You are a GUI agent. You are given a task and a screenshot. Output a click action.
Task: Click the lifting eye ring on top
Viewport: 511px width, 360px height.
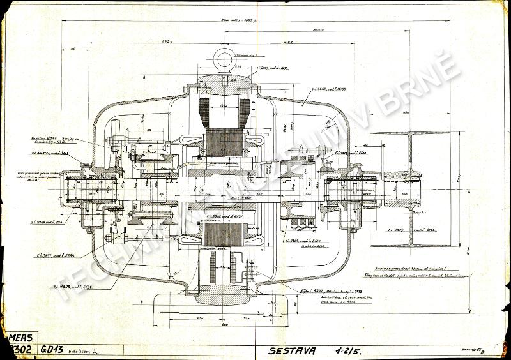(x=224, y=58)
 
